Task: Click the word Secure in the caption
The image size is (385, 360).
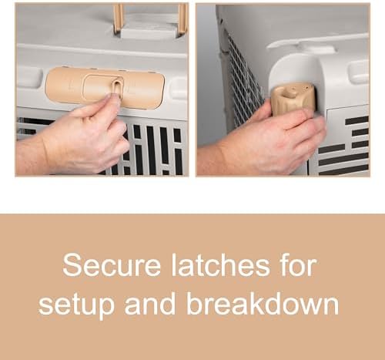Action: pos(112,265)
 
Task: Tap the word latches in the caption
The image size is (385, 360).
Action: pos(221,264)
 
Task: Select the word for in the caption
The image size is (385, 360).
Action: pos(299,264)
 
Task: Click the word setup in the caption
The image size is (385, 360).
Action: pos(76,304)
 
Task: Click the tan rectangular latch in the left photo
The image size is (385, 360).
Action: pos(105,87)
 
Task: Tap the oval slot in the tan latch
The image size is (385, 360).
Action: pos(118,88)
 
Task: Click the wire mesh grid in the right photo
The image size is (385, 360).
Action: pos(243,85)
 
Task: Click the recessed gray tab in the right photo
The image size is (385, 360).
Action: pos(359,72)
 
